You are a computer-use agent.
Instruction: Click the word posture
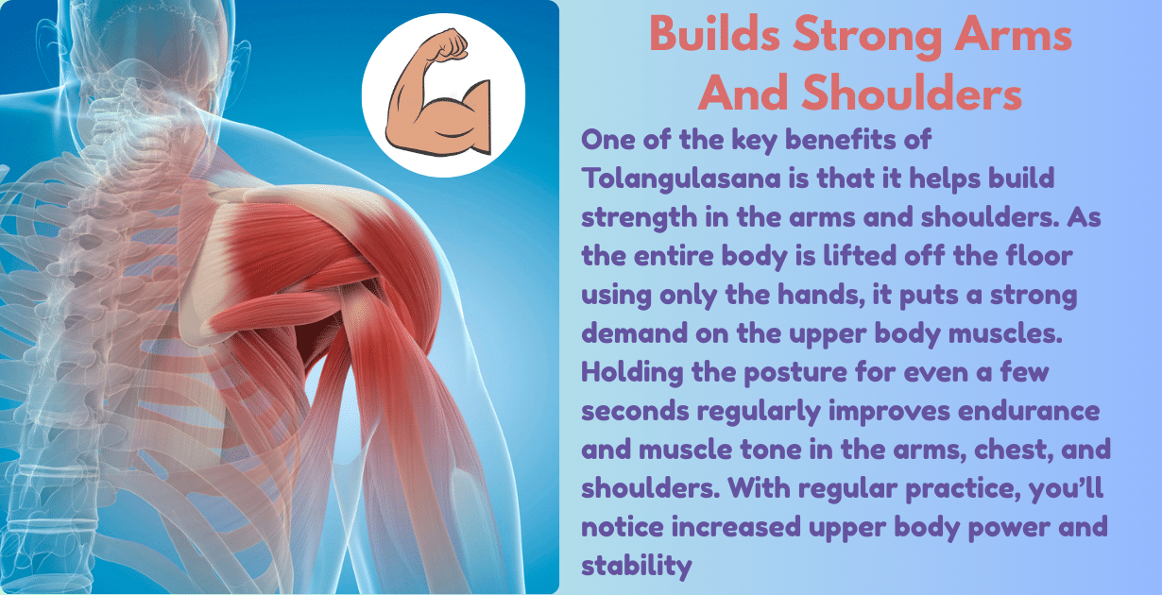pos(782,371)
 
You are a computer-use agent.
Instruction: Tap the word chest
pos(991,449)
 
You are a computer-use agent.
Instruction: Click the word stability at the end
pos(638,565)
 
